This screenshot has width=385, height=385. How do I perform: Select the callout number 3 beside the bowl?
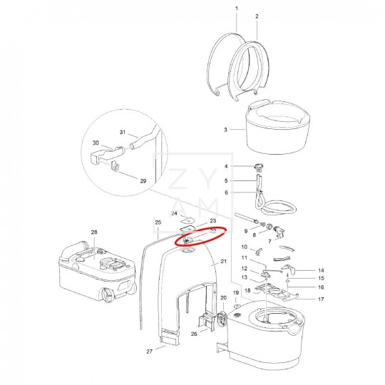pos(225,130)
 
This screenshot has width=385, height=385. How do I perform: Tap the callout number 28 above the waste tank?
pos(93,232)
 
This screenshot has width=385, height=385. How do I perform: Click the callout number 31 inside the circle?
pos(123,133)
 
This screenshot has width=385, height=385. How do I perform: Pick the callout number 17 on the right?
pos(321,299)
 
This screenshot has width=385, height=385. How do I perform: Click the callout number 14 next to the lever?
pos(321,270)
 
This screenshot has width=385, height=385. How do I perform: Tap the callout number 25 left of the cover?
pos(158,222)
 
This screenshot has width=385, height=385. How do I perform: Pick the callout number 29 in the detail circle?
pos(143,181)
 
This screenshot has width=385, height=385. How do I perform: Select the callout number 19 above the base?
pos(236,294)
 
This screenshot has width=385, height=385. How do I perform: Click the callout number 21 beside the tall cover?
pos(223,262)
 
